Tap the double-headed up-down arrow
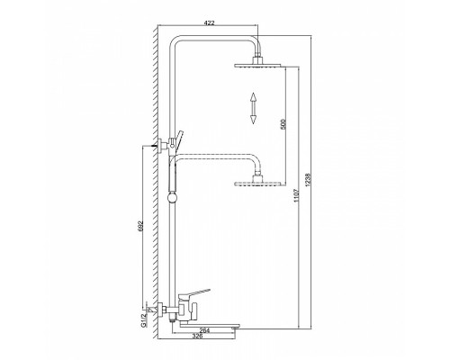pyautogui.click(x=253, y=107)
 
